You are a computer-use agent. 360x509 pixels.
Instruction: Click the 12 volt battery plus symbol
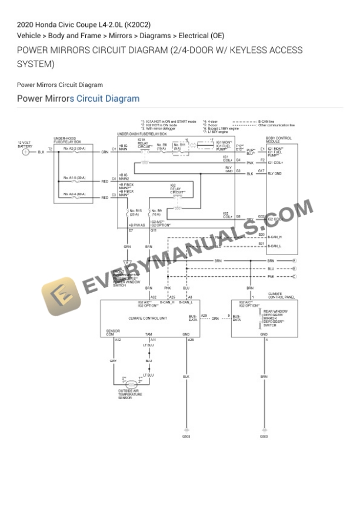pyautogui.click(x=25, y=152)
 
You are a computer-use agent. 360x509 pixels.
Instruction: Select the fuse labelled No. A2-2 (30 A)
pyautogui.click(x=75, y=149)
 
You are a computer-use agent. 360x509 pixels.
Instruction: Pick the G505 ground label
pyautogui.click(x=186, y=437)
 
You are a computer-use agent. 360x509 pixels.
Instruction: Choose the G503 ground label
pyautogui.click(x=264, y=437)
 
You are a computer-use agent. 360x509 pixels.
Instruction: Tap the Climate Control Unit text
pyautogui.click(x=148, y=318)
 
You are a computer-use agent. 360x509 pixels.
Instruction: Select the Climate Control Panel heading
pyautogui.click(x=278, y=294)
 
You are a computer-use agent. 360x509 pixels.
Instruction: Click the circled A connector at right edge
pyautogui.click(x=294, y=260)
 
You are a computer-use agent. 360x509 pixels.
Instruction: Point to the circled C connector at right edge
pyautogui.click(x=294, y=276)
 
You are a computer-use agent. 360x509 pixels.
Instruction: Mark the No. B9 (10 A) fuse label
pyautogui.click(x=156, y=212)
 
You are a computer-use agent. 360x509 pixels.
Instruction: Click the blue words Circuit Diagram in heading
pyautogui.click(x=108, y=98)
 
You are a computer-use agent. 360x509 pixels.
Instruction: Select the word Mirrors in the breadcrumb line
pyautogui.click(x=121, y=36)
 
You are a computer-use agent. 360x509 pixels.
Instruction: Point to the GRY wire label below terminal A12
pyautogui.click(x=113, y=361)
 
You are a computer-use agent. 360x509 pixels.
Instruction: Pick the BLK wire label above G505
pyautogui.click(x=186, y=377)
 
